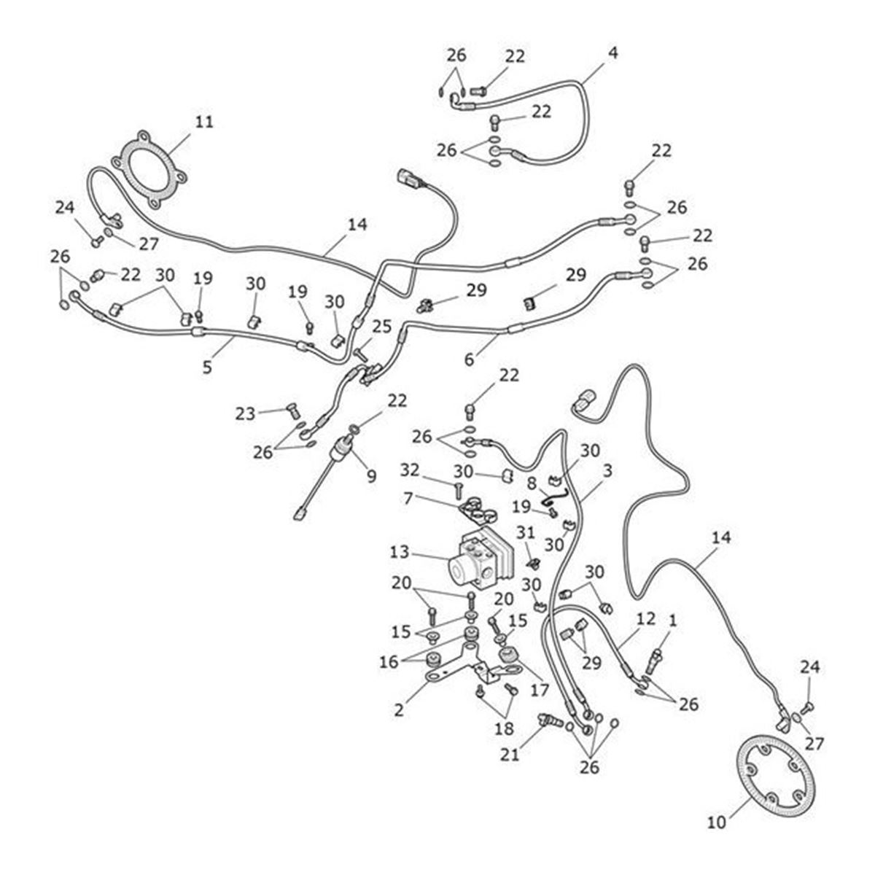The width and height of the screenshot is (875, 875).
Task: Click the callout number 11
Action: tap(204, 121)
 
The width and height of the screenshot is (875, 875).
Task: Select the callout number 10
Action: tap(717, 822)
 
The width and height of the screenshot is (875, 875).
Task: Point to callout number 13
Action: tap(400, 552)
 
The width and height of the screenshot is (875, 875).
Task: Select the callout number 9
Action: tap(371, 476)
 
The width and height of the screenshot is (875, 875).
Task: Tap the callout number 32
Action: tap(410, 470)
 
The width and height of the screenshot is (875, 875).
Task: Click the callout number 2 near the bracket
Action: tap(398, 709)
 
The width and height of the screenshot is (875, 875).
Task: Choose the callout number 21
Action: tap(510, 755)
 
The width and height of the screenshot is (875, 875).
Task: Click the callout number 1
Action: tap(672, 620)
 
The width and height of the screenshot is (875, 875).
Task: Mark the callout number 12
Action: tap(645, 619)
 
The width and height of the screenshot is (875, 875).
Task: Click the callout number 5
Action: tap(207, 367)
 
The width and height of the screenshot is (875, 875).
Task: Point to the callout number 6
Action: tap(469, 359)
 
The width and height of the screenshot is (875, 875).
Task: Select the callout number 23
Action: tap(245, 413)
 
